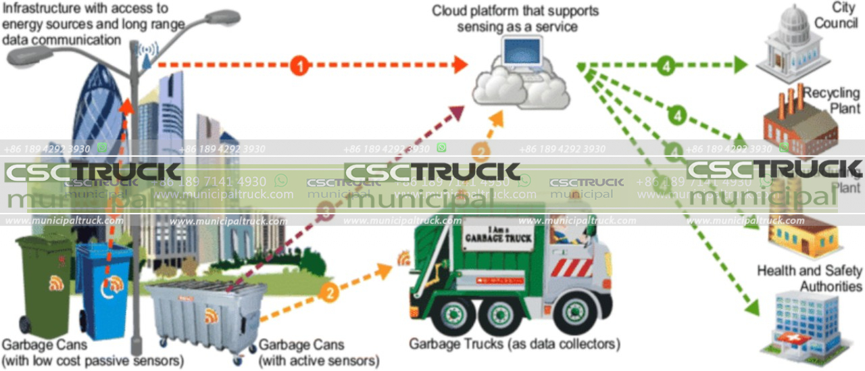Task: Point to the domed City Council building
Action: tap(793, 44)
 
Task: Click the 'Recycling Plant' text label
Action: tap(833, 99)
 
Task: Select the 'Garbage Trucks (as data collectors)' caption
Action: tap(514, 344)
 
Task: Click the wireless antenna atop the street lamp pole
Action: tap(147, 53)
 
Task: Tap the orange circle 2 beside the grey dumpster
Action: tap(329, 294)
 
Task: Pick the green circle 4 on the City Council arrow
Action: tap(666, 66)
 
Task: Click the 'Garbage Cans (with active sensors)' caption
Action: tap(319, 353)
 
